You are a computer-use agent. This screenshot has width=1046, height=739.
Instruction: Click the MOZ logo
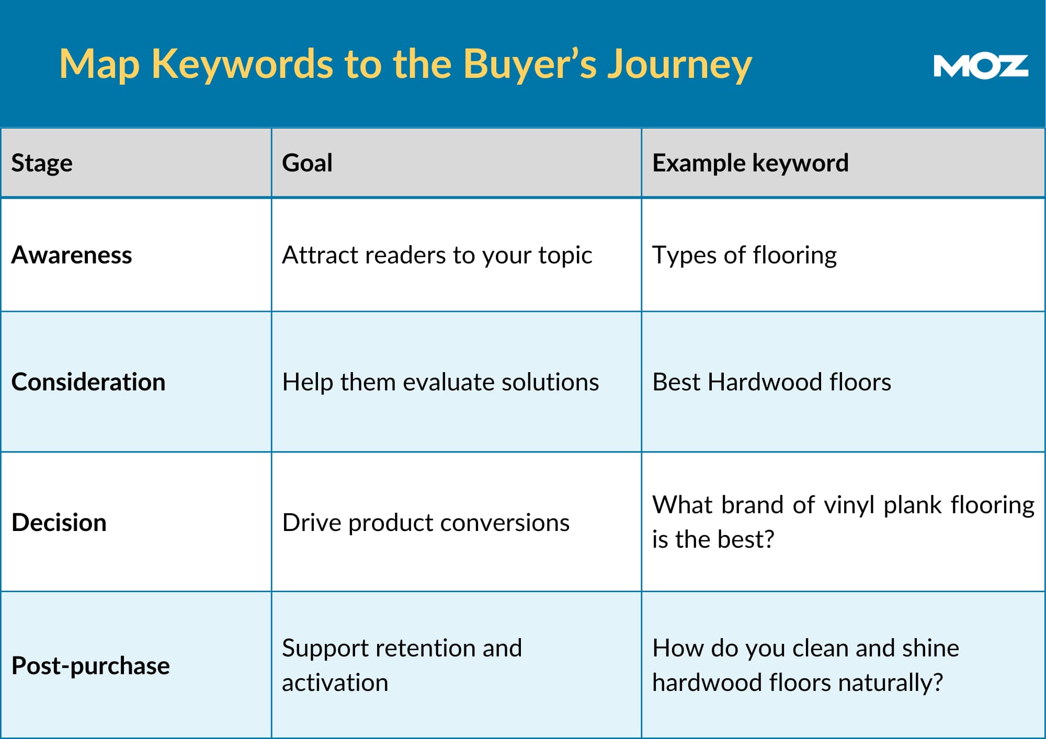point(981,66)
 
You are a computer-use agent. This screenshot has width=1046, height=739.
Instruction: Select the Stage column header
point(42,163)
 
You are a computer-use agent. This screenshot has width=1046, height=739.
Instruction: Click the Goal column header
point(307,163)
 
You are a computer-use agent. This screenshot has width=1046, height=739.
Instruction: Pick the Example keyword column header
point(750,163)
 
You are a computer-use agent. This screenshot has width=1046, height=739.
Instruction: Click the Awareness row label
point(72,255)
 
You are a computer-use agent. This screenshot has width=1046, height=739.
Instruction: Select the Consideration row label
point(88,382)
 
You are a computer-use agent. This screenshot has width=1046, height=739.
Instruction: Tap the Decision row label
point(59,522)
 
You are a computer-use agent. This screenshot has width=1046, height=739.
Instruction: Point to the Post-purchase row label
point(90,666)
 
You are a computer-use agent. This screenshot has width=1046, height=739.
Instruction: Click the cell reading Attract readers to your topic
point(437,256)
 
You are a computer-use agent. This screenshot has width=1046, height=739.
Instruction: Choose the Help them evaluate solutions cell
point(440,382)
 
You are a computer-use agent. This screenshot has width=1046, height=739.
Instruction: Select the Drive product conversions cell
point(426,523)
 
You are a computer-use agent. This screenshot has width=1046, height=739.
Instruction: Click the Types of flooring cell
point(744,256)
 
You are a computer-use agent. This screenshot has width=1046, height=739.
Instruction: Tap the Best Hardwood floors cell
point(771,382)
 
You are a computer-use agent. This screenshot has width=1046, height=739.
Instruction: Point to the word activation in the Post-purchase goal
point(335,683)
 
